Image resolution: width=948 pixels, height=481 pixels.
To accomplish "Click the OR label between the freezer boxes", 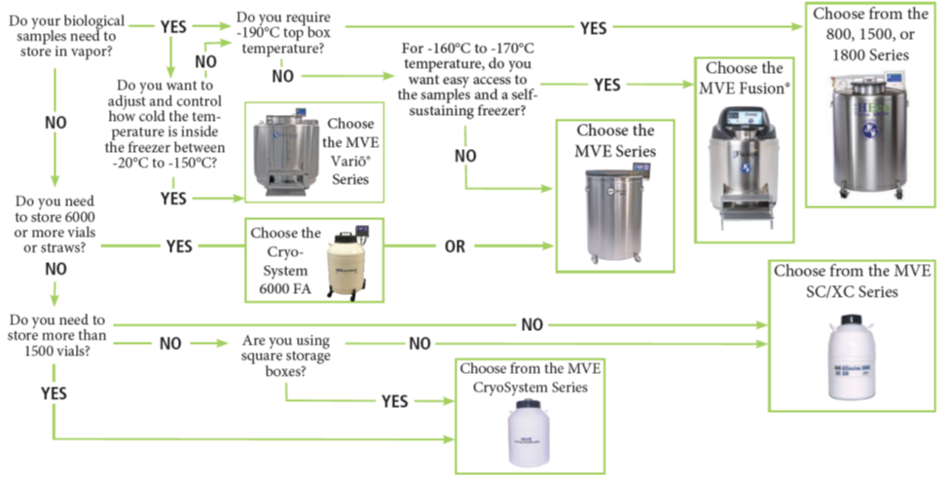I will pyautogui.click(x=455, y=246).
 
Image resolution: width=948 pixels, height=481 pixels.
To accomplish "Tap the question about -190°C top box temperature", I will pyautogui.click(x=282, y=29).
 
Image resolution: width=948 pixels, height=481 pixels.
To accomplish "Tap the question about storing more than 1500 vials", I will pyautogui.click(x=56, y=337).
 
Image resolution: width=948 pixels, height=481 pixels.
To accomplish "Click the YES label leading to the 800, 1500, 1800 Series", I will pyautogui.click(x=594, y=28).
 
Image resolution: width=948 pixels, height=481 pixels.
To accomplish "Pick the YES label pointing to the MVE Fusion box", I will pyautogui.click(x=606, y=86).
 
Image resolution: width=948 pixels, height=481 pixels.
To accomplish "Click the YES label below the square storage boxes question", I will pyautogui.click(x=395, y=400).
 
